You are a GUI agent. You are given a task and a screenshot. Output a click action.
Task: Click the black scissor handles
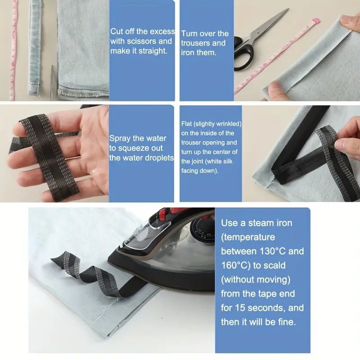[x=244, y=53]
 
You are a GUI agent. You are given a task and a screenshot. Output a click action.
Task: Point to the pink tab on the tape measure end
[x=317, y=21]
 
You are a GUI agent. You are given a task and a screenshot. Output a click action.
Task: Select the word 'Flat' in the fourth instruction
[x=186, y=124]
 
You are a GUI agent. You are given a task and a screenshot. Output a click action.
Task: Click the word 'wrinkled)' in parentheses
[x=229, y=124]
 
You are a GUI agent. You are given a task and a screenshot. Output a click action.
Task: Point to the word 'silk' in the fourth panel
[x=227, y=162]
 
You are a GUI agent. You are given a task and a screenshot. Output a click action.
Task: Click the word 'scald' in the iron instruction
[x=274, y=265]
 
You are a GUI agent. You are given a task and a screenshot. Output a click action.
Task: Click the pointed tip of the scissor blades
[x=288, y=9]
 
